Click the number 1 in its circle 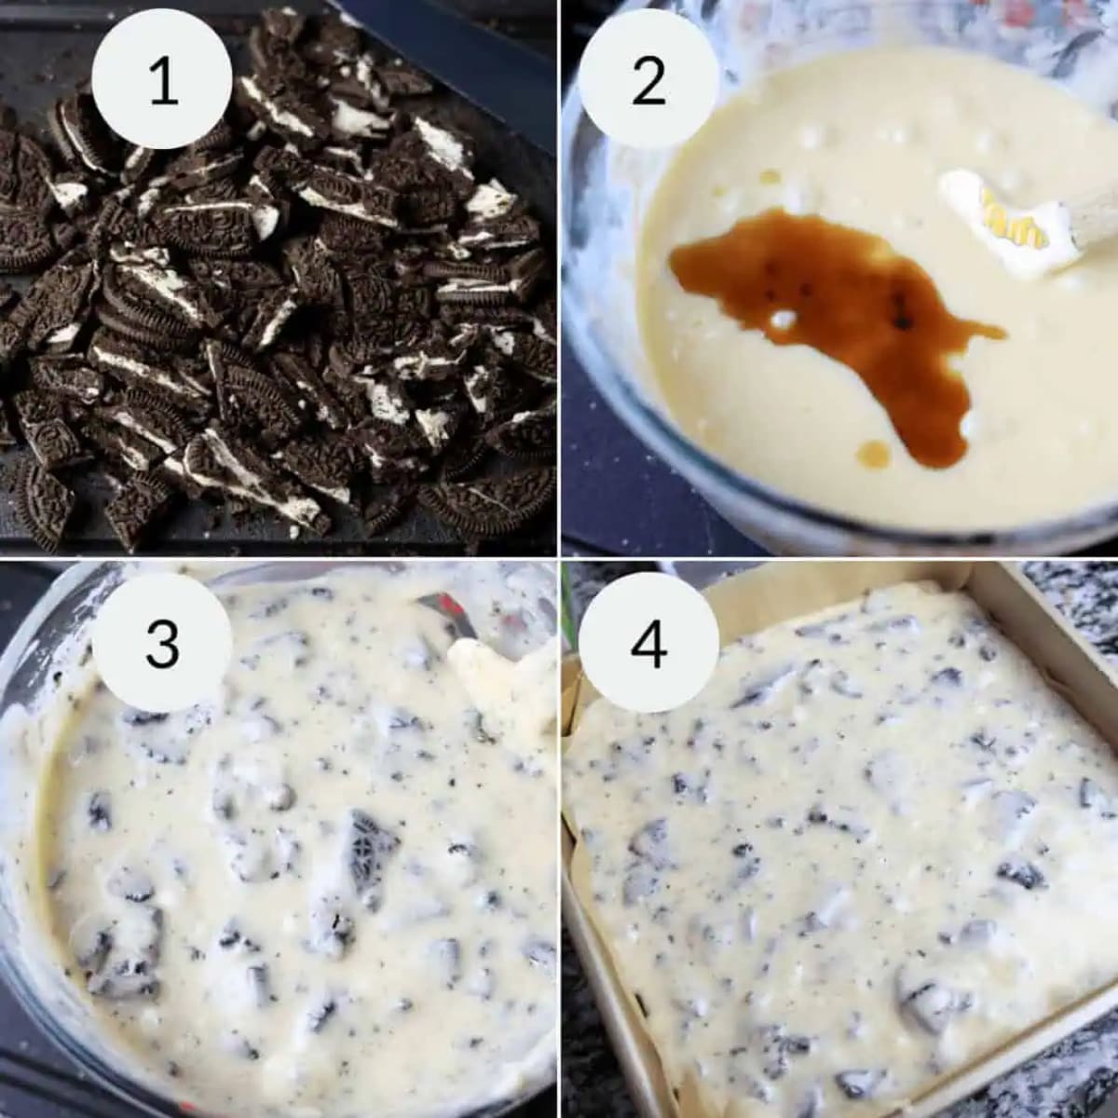(x=162, y=80)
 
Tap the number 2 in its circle (x=648, y=80)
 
